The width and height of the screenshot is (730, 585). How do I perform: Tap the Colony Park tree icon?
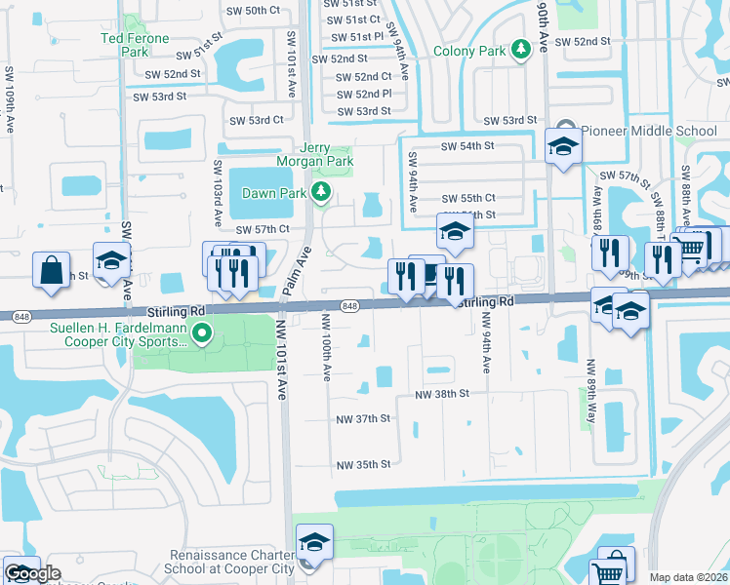click(x=521, y=49)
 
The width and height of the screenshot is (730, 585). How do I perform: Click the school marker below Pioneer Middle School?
click(x=562, y=148)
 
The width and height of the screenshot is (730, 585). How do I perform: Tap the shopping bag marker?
click(x=50, y=269)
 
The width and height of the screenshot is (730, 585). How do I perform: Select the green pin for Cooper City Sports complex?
click(x=202, y=334)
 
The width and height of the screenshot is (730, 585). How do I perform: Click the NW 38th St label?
click(x=443, y=394)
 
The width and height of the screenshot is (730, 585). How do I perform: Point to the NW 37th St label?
click(x=363, y=418)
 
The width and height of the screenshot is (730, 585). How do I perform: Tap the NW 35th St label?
click(x=363, y=465)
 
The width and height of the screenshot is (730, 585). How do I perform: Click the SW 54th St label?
click(x=468, y=145)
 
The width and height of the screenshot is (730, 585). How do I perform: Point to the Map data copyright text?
click(x=688, y=577)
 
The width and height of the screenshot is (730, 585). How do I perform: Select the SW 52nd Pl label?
click(x=365, y=94)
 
